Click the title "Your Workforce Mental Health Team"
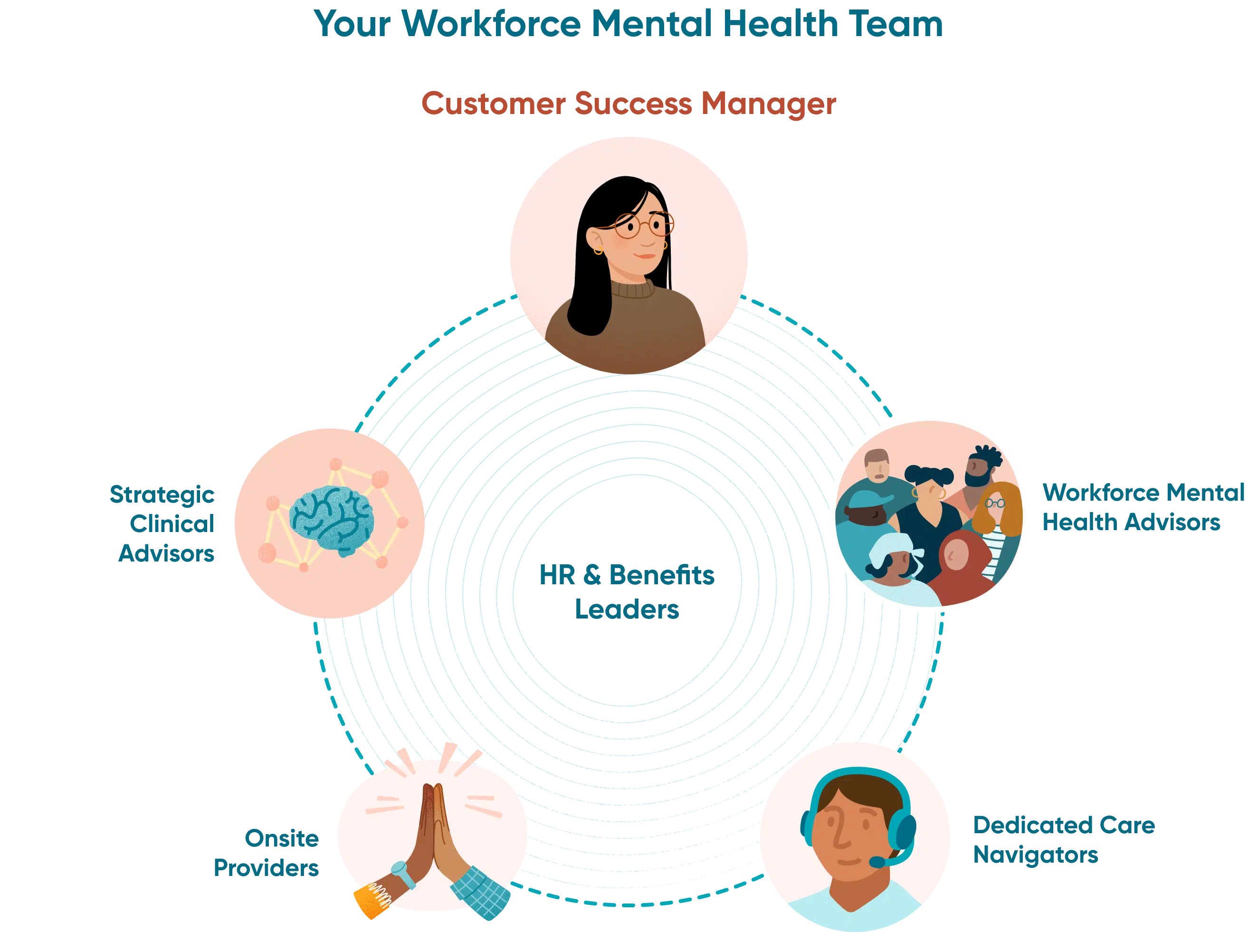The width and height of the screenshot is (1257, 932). click(628, 24)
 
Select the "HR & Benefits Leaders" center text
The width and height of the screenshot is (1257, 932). click(627, 591)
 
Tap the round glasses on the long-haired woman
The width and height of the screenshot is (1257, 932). click(643, 226)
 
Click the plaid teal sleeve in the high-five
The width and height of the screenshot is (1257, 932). click(479, 891)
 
